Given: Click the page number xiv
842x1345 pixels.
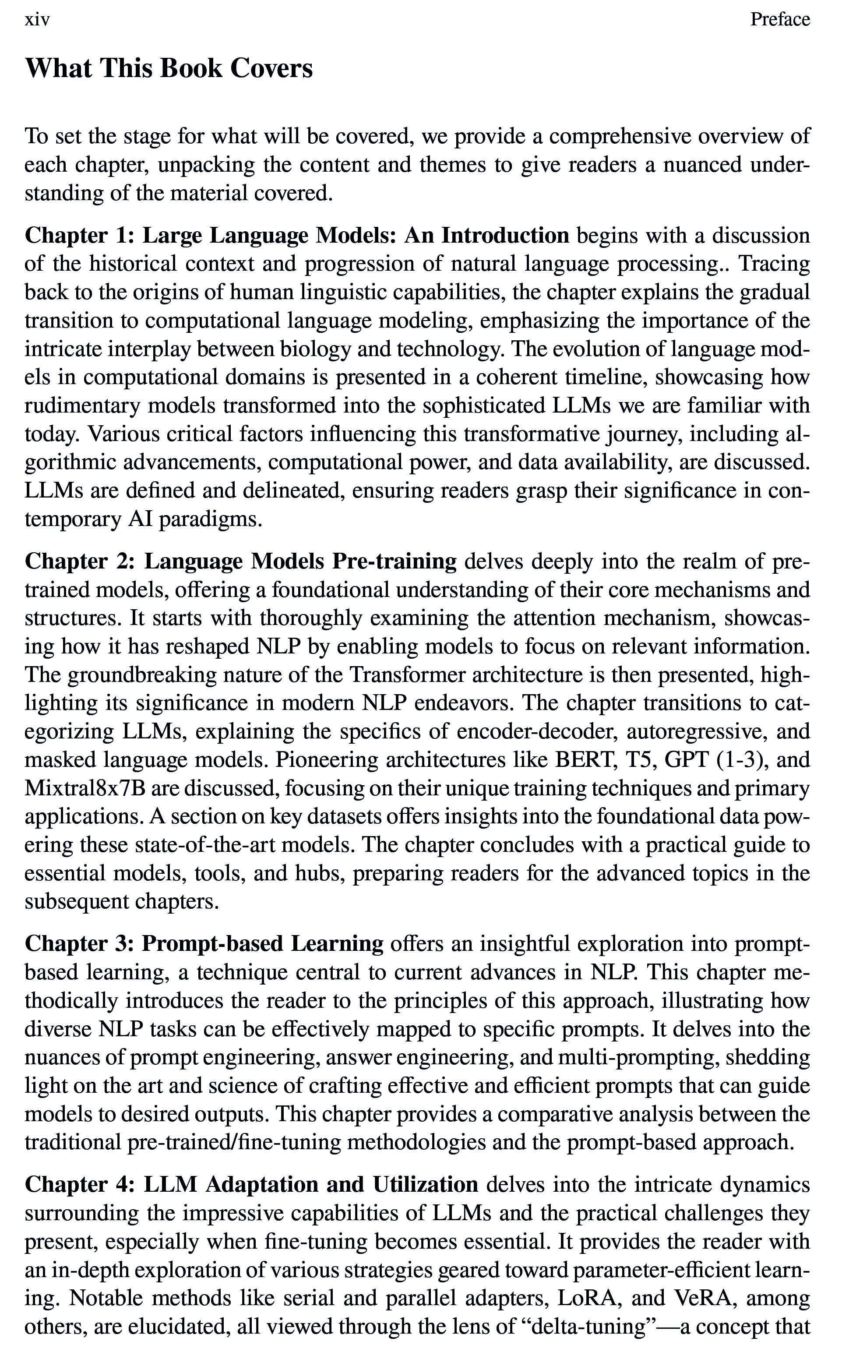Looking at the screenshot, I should (37, 20).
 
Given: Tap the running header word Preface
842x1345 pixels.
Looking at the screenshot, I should (780, 20).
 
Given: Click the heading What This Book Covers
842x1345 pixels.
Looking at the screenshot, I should (169, 68).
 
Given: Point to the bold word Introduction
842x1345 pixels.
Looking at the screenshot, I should (505, 236).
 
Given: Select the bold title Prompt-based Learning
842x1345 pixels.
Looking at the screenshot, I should (262, 944).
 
